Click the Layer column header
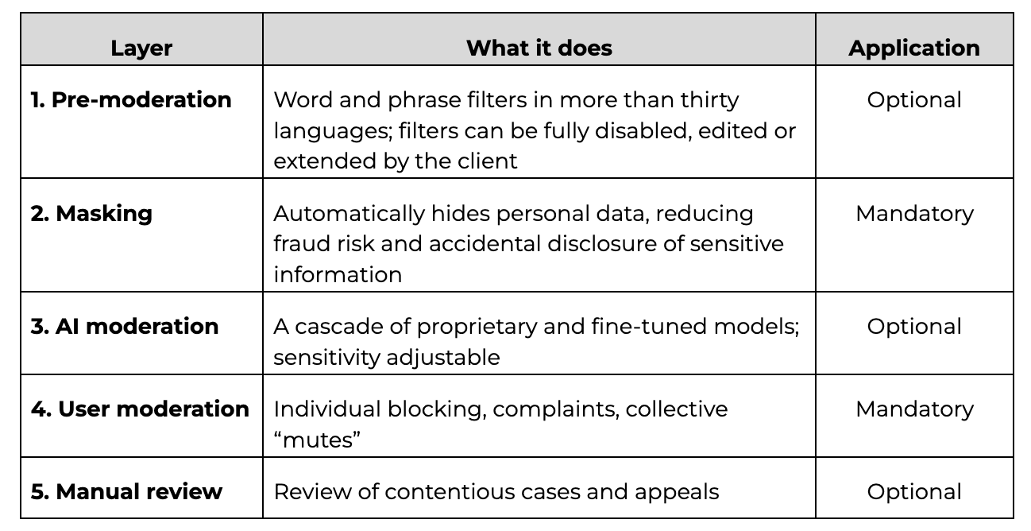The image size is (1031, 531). coord(141,48)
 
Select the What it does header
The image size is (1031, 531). coord(539,48)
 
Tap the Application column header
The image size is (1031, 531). coord(914,48)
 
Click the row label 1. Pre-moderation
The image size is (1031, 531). coord(131,100)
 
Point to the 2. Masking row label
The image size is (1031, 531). coord(91,214)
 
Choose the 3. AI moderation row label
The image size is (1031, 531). coord(124,327)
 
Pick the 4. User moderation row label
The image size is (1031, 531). coord(140,409)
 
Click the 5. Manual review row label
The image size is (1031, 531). coord(126,491)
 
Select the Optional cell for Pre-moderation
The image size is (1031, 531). coord(914,100)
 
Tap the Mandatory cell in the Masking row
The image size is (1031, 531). coord(914,214)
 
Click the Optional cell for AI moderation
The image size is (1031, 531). coord(914,327)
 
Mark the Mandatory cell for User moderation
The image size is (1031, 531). coord(914,409)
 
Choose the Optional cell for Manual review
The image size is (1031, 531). coord(914,492)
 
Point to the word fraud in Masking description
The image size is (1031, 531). coord(302,243)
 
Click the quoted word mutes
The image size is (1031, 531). coord(317,440)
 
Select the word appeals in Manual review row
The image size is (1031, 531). coord(677,492)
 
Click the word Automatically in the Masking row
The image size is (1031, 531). coord(349,214)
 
